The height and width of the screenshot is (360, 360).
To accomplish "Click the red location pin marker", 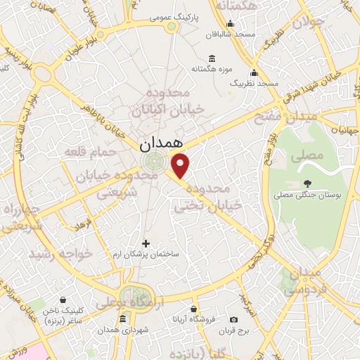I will pos(181,165).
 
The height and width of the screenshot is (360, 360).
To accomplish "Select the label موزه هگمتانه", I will pos(212,70).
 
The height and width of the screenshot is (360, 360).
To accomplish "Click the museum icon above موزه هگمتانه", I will pos(212,58).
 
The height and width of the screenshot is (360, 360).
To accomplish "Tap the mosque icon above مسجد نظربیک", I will pos(254,72).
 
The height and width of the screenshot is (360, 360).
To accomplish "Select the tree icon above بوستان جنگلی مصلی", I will pos(307,182).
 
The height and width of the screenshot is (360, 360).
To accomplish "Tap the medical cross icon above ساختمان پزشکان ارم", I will pos(146,243).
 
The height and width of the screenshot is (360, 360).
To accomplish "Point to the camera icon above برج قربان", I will pos(233,320).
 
